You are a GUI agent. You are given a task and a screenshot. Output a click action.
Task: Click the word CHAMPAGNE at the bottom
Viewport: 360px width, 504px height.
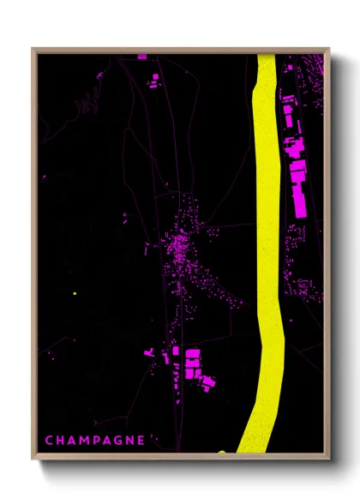tap(94, 441)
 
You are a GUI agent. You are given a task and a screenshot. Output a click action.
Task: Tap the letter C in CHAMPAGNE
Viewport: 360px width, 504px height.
tap(49, 441)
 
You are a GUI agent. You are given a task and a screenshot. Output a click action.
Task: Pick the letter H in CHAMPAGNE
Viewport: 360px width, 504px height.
tap(61, 441)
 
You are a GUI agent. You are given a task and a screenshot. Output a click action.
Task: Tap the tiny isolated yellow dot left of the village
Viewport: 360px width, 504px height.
tap(75, 294)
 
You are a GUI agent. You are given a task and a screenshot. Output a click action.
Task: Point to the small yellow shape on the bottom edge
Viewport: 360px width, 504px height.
tap(222, 451)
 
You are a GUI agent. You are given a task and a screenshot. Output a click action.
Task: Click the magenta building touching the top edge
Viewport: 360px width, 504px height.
tap(141, 57)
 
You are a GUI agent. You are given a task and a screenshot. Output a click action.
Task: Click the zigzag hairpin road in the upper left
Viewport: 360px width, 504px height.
tap(86, 105)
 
